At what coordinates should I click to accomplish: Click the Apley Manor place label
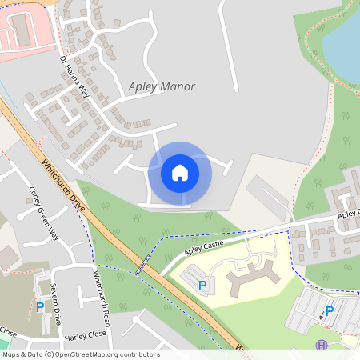coord(161,86)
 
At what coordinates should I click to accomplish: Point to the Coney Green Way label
coord(44,213)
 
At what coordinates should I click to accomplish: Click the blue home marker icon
coord(180,173)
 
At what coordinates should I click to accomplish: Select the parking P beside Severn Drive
coord(40,306)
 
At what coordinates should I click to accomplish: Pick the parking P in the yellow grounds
coord(202,285)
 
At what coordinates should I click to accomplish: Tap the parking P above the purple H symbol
coord(329,311)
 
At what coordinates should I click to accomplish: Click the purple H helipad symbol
coord(322,346)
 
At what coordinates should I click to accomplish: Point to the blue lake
coord(342,40)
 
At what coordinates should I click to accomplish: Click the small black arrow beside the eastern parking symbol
coord(321,317)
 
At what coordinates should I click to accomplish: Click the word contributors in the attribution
coord(141,354)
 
